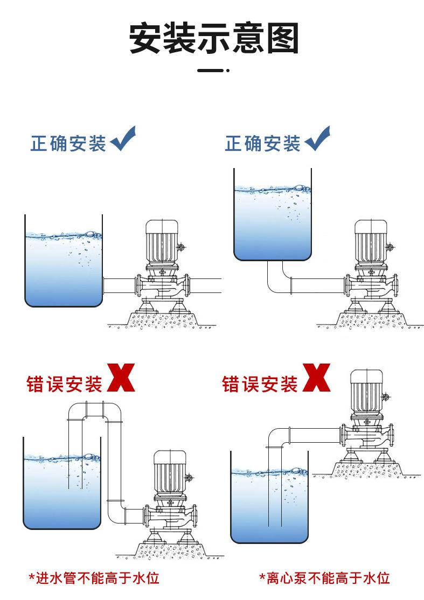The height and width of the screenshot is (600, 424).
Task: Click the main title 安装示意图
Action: pos(213,38)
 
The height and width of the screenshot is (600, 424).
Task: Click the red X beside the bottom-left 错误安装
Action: pos(121,378)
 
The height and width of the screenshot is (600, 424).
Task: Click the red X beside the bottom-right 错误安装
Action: pos(316,378)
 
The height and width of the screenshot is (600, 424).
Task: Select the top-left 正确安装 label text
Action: pos(68,144)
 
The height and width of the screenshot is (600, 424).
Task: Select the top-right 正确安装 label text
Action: pos(262,144)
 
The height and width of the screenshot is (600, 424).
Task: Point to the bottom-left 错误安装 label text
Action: pos(64,384)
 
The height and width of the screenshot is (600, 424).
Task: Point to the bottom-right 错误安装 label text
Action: pos(260,384)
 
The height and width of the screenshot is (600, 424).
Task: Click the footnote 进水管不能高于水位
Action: pos(94,577)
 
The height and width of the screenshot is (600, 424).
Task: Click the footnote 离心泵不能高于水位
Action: pos(324,577)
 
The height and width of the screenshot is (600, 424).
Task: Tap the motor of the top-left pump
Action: pos(162,241)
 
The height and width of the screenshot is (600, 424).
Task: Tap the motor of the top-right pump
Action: pos(371,241)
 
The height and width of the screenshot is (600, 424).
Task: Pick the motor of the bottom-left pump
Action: pos(170,472)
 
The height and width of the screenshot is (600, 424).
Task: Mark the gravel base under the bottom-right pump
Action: pos(366,470)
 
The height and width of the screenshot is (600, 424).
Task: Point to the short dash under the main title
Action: pos(213,71)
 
